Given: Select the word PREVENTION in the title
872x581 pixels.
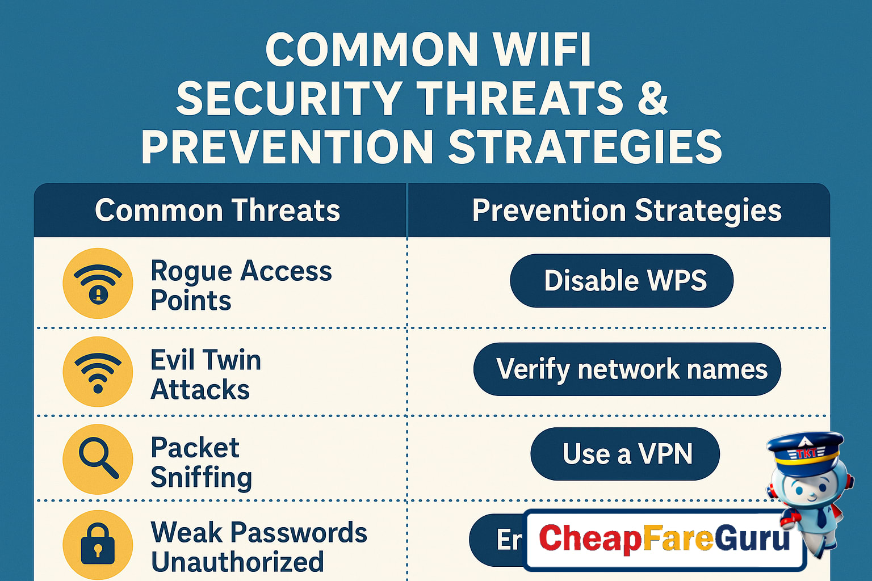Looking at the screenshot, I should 287,147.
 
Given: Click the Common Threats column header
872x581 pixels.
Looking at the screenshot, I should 217,210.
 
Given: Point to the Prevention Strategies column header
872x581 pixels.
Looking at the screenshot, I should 627,210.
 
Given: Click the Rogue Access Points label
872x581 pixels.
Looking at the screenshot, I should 241,285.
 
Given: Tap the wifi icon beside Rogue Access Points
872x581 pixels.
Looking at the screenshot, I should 98,283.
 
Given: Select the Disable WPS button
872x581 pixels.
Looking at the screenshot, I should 622,281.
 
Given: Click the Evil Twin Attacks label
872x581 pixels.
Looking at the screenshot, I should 206,374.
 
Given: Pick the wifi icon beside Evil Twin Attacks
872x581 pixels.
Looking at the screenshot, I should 98,372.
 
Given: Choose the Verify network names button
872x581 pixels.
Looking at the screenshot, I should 627,369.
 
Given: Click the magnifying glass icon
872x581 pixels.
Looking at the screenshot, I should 98,459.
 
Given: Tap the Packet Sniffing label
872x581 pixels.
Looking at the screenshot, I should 201,462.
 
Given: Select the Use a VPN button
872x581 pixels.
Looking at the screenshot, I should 625,454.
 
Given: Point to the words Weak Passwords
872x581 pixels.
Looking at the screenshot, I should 259,533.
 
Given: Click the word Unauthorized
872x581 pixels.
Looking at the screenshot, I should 237,562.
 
